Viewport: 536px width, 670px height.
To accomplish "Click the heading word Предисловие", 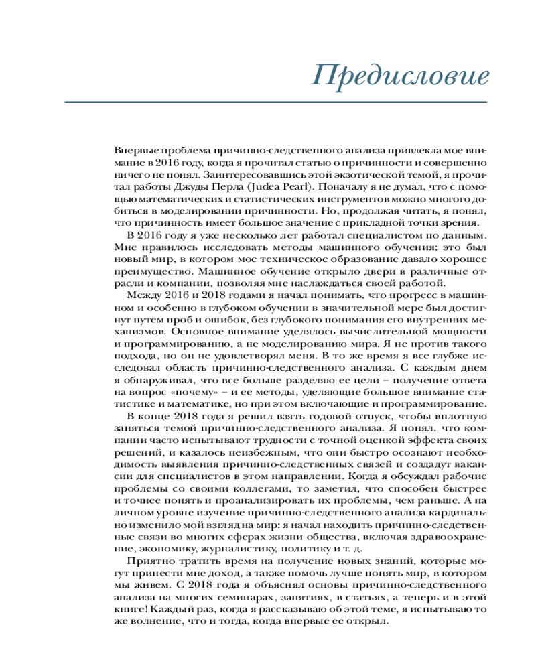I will tap(401, 75).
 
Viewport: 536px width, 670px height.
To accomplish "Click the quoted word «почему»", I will tap(185, 391).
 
